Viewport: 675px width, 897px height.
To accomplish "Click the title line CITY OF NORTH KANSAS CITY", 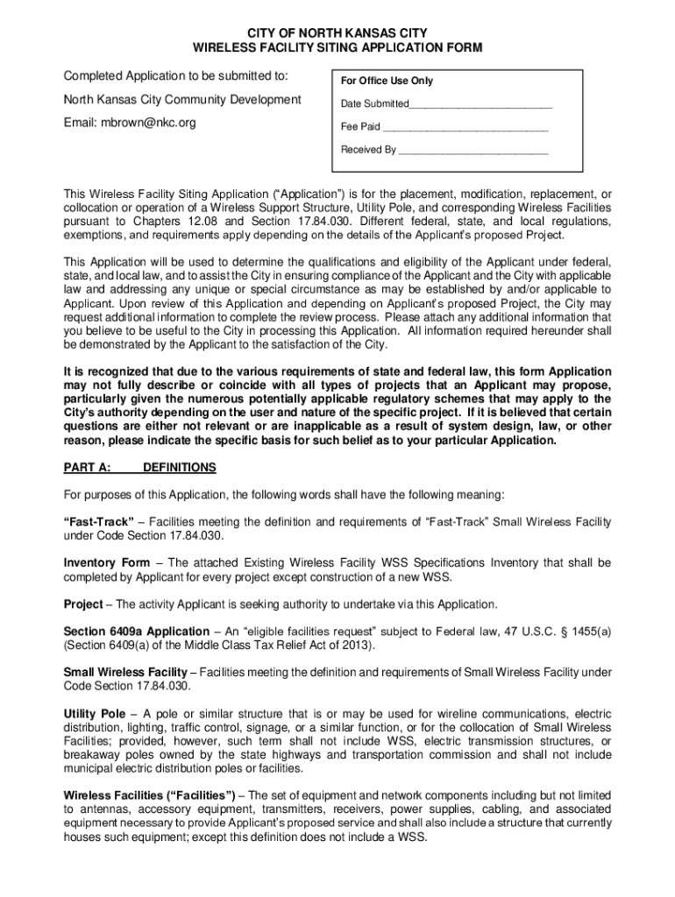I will tap(337, 33).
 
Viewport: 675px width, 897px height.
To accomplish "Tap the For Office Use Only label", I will tap(387, 81).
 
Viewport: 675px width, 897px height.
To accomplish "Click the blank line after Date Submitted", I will tap(480, 104).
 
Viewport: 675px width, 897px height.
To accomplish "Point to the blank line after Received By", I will tap(473, 150).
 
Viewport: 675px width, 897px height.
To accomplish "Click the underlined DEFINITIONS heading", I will tap(179, 468).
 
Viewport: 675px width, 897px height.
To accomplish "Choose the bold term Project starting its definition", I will tap(83, 604).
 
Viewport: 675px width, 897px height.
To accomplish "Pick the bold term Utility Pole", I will tap(95, 714).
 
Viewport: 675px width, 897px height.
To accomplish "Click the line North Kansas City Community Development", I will tap(182, 100).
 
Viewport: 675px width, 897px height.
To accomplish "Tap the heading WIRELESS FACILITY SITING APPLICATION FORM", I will tap(337, 48).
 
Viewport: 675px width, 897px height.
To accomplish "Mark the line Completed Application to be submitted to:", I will tap(176, 77).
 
